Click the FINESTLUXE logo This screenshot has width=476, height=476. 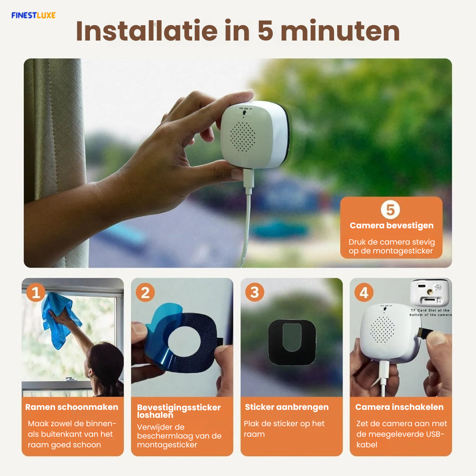33,15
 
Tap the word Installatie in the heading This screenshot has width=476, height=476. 146,32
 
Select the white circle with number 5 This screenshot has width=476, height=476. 390,210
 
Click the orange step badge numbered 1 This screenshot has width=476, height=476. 36,292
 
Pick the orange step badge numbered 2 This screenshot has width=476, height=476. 145,292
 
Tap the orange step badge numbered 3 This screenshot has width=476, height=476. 254,292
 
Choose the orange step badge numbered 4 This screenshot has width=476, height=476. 364,292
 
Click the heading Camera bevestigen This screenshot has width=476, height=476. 391,226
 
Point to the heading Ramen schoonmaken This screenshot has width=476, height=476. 72,407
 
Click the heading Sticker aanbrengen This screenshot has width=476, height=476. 287,407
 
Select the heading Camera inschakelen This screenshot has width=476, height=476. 399,407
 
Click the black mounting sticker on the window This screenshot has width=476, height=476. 292,341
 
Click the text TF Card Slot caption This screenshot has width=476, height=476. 430,311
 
